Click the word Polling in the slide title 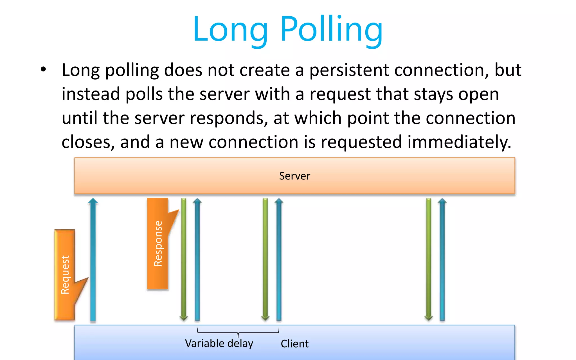[x=331, y=30]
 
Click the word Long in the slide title [x=230, y=30]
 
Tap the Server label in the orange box [x=294, y=176]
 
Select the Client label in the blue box [x=294, y=344]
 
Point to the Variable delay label [x=219, y=343]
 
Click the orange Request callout [x=65, y=274]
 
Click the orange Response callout [x=158, y=244]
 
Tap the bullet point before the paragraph [x=43, y=69]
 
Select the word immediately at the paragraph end [x=459, y=142]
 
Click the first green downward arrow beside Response [x=184, y=259]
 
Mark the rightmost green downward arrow [x=429, y=259]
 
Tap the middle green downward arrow [x=265, y=259]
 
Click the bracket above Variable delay [x=238, y=332]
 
